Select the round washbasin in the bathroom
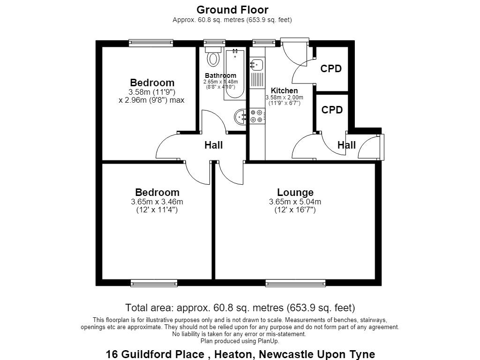(x=240, y=117)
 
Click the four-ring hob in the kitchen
(x=257, y=116)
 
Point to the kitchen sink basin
(x=256, y=65)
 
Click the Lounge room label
(x=295, y=192)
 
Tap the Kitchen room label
(x=285, y=90)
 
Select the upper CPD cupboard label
(x=331, y=68)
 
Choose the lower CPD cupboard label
(x=332, y=110)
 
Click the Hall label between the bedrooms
(x=214, y=145)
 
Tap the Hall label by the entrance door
(x=346, y=145)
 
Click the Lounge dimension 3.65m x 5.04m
(x=295, y=202)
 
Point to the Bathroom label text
(x=220, y=75)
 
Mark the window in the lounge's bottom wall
(x=295, y=283)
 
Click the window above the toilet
(x=215, y=43)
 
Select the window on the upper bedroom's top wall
(x=151, y=43)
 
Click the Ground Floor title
(x=232, y=10)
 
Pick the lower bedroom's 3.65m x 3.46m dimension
(x=157, y=202)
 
